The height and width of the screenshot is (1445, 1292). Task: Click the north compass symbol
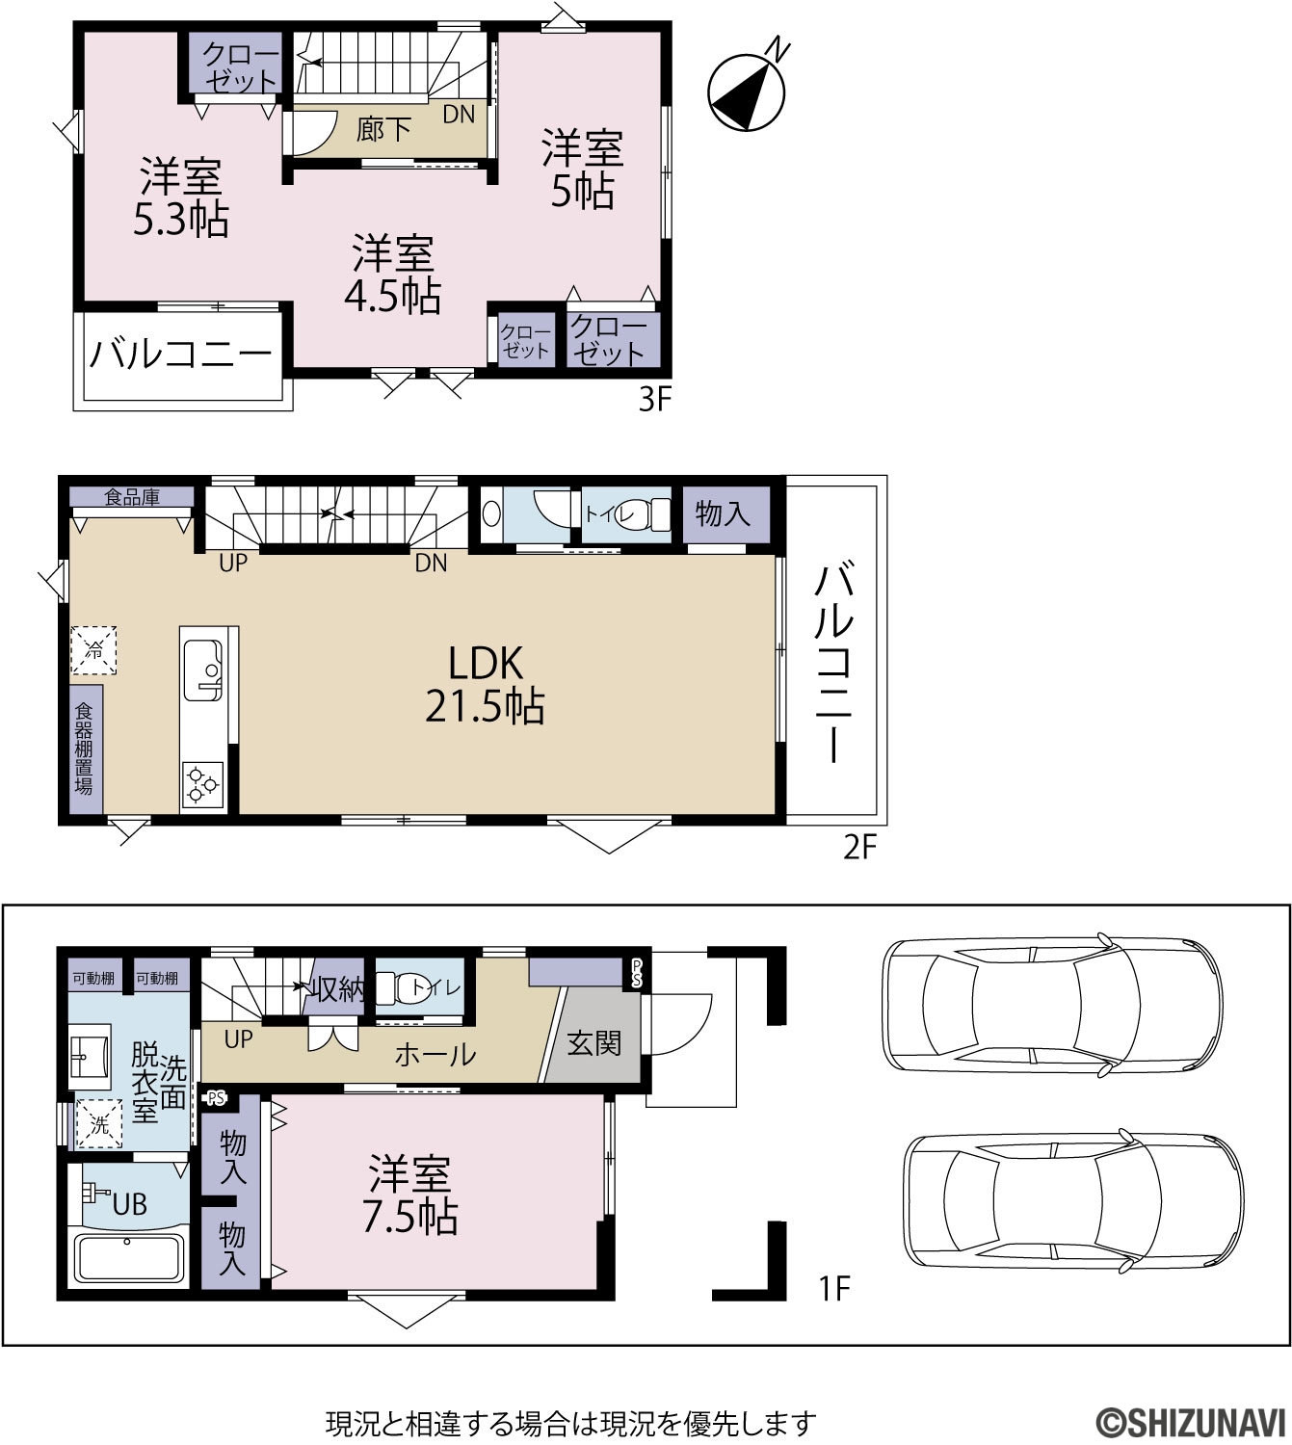[747, 91]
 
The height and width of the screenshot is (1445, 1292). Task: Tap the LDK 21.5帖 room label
[486, 685]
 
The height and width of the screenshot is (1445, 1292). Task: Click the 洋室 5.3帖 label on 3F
[181, 197]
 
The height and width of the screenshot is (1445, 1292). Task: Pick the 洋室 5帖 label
[582, 169]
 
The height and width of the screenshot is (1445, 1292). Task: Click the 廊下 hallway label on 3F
[383, 130]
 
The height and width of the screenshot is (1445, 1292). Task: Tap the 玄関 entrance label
[593, 1044]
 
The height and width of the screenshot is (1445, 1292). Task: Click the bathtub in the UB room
[129, 1258]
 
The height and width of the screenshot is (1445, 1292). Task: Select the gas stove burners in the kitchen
[202, 784]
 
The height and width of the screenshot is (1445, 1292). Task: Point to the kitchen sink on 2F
[203, 670]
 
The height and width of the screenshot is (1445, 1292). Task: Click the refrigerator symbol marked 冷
[93, 649]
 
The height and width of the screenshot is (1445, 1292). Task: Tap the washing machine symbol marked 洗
[99, 1124]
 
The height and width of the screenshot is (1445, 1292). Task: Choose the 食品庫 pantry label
[132, 497]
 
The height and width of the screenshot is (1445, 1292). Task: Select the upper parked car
[1052, 1006]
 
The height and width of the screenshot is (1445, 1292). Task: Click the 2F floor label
[859, 848]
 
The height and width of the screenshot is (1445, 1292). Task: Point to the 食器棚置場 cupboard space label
[84, 749]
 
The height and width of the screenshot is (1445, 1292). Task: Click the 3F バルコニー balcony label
[180, 354]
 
